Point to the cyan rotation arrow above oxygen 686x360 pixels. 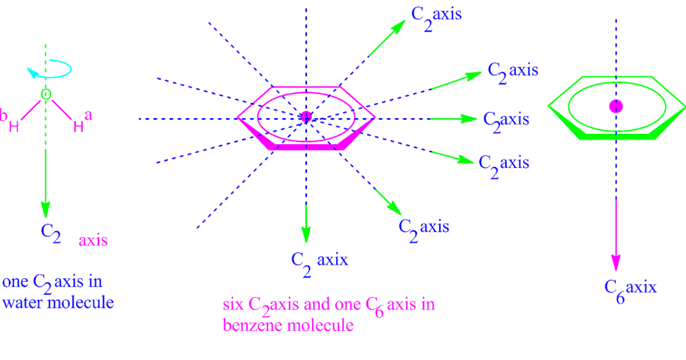pos(50,70)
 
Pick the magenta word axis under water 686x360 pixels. pos(93,240)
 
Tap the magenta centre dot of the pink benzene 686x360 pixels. pos(306,117)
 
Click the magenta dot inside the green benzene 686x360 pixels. pos(616,106)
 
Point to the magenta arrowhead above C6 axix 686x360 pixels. pos(616,262)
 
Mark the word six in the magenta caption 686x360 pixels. pos(232,304)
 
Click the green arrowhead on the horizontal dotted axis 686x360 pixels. pos(469,119)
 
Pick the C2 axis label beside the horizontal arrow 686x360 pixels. pos(506,120)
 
